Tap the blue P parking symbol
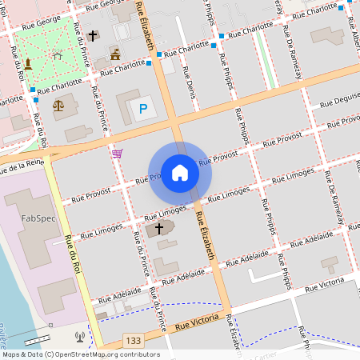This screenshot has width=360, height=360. pyautogui.click(x=143, y=108)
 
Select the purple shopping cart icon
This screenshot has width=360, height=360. pyautogui.click(x=118, y=153)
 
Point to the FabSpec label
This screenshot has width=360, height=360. pyautogui.click(x=38, y=218)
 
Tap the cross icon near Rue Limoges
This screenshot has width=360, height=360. pyautogui.click(x=159, y=229)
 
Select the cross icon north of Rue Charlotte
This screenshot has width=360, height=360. pyautogui.click(x=93, y=36)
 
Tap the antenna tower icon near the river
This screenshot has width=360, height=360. pyautogui.click(x=79, y=337)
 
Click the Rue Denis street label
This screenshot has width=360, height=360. pyautogui.click(x=190, y=88)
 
